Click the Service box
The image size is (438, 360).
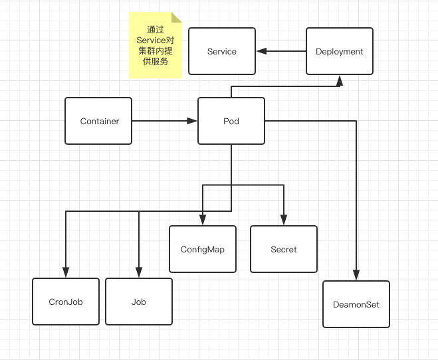click(x=222, y=51)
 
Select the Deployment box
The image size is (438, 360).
click(x=339, y=51)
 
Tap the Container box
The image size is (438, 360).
click(x=99, y=121)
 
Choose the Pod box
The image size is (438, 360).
click(x=231, y=121)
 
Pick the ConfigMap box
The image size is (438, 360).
click(x=203, y=249)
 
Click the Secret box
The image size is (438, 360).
click(x=284, y=249)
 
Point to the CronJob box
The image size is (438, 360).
click(x=66, y=302)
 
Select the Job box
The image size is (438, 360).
click(x=139, y=302)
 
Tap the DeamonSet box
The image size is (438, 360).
click(x=356, y=304)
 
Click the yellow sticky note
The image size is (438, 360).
click(x=155, y=45)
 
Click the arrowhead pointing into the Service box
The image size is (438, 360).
click(x=261, y=51)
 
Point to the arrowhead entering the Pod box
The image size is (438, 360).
click(x=193, y=121)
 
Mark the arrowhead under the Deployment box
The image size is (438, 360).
click(x=339, y=80)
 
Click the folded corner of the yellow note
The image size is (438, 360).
click(x=176, y=17)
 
